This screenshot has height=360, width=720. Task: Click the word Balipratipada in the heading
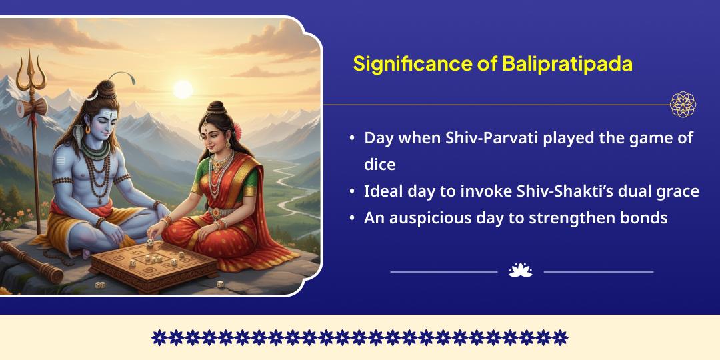[x=567, y=64]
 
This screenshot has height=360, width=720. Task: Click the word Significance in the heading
[x=409, y=64]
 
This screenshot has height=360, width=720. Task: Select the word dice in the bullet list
[x=380, y=165]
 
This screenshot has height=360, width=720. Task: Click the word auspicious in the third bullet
[x=431, y=218]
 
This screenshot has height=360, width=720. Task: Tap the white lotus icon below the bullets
[x=520, y=271]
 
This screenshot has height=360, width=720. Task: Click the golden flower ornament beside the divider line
[x=683, y=104]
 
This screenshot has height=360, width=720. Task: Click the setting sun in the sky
[x=182, y=89]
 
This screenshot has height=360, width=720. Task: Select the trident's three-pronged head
[x=31, y=71]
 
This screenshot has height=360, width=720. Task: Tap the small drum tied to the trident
[x=31, y=107]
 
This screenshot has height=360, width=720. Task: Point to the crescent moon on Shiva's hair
[x=93, y=95]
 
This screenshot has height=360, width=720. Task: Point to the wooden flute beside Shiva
[x=30, y=262]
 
